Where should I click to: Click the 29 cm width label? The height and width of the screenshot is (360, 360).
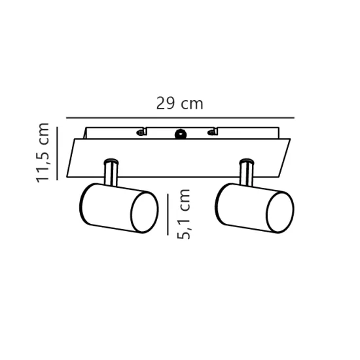pyautogui.click(x=180, y=103)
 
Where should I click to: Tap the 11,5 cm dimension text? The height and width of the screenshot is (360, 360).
pyautogui.click(x=43, y=153)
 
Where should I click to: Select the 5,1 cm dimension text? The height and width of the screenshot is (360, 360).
pyautogui.click(x=184, y=214)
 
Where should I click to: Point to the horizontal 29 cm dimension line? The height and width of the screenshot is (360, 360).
pyautogui.click(x=180, y=118)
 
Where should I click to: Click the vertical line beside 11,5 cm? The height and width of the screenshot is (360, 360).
pyautogui.click(x=57, y=153)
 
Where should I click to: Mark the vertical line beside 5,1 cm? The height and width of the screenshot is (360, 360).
pyautogui.click(x=168, y=215)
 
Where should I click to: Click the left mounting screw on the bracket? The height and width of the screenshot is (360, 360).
pyautogui.click(x=141, y=132)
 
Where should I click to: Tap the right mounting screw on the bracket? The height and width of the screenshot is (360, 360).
pyautogui.click(x=211, y=132)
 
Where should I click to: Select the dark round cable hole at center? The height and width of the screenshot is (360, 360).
pyautogui.click(x=181, y=134)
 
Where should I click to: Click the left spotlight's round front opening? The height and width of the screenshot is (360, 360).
pyautogui.click(x=145, y=212)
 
